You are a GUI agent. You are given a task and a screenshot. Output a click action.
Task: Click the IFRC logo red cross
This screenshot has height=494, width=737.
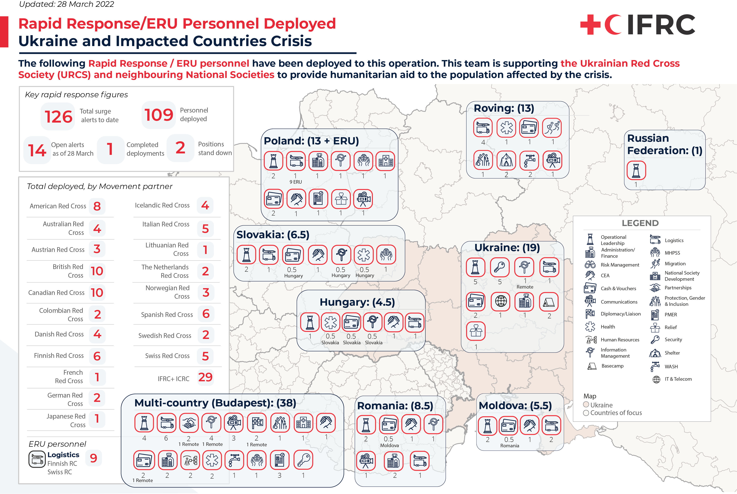(590, 24)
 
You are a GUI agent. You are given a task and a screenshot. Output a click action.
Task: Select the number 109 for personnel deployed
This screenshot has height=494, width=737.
(159, 115)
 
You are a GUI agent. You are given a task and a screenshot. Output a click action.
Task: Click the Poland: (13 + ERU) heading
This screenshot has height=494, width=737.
(311, 141)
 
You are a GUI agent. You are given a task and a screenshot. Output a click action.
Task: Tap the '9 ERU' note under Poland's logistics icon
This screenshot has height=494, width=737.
(296, 182)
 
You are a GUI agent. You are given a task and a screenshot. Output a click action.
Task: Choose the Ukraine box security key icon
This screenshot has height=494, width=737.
(500, 267)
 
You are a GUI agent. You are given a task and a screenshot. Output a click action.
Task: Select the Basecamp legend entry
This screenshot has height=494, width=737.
(612, 366)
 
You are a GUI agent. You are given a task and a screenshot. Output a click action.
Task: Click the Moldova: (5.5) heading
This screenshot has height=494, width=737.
(515, 406)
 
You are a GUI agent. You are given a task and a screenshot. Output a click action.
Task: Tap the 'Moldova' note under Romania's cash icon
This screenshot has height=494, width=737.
(389, 445)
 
